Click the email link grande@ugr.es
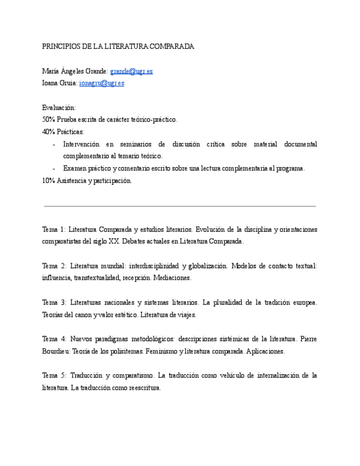tap(131, 71)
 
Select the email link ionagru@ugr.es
tap(102, 83)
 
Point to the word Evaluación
tap(59, 108)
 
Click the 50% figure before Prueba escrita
tap(48, 119)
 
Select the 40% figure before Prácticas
tap(48, 132)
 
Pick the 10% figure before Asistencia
tap(48, 180)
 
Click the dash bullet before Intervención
tap(53, 145)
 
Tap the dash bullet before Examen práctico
tap(53, 169)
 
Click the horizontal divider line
tap(180, 206)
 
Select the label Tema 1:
tap(54, 229)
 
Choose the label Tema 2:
tap(54, 266)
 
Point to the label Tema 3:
tap(54, 302)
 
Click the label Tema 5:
tap(54, 375)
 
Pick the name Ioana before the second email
tap(51, 83)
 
